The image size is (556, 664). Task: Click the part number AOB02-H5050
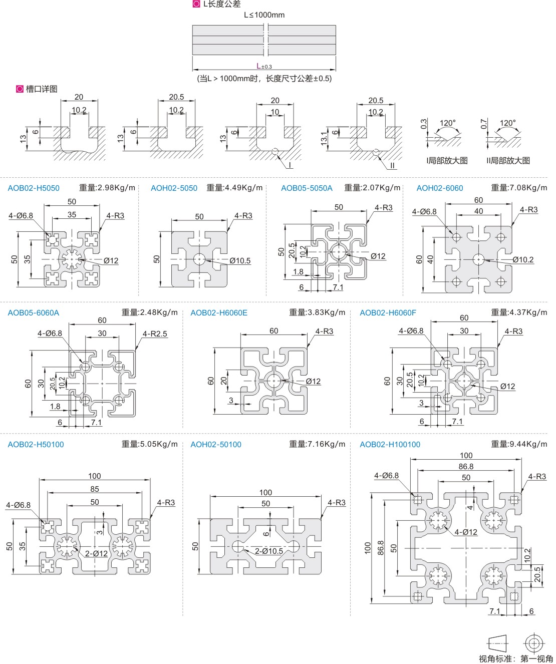(34, 188)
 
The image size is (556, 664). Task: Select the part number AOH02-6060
(440, 188)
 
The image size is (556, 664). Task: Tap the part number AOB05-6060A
(34, 313)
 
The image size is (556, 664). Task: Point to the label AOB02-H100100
(390, 445)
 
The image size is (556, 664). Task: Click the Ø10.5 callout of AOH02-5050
(240, 261)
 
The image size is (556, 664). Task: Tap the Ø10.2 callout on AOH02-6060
(523, 260)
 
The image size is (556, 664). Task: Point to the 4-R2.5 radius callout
(155, 334)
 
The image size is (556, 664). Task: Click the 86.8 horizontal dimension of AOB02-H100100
(466, 467)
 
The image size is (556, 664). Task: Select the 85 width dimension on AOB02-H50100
(95, 489)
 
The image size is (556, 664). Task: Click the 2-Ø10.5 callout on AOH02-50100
(269, 551)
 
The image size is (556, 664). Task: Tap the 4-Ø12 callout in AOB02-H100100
(466, 532)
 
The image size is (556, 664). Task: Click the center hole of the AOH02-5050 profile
(199, 259)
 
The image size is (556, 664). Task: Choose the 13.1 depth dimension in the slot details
(325, 139)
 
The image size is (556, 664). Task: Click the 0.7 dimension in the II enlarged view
(483, 124)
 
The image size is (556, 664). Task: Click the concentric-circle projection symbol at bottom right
(533, 643)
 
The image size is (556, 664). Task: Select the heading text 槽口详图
(42, 89)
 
